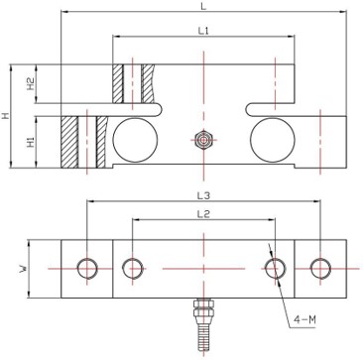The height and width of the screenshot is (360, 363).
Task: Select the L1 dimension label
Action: (x=202, y=32)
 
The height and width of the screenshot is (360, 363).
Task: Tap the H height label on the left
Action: (x=7, y=116)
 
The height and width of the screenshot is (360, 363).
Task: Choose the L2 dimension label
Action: (x=202, y=214)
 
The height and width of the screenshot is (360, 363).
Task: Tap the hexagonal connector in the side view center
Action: (x=202, y=141)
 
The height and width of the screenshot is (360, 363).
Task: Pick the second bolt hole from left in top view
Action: (x=131, y=268)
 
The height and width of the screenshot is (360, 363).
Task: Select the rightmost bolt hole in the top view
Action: (x=319, y=268)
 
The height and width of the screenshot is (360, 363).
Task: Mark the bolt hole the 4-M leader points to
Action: (x=274, y=268)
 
